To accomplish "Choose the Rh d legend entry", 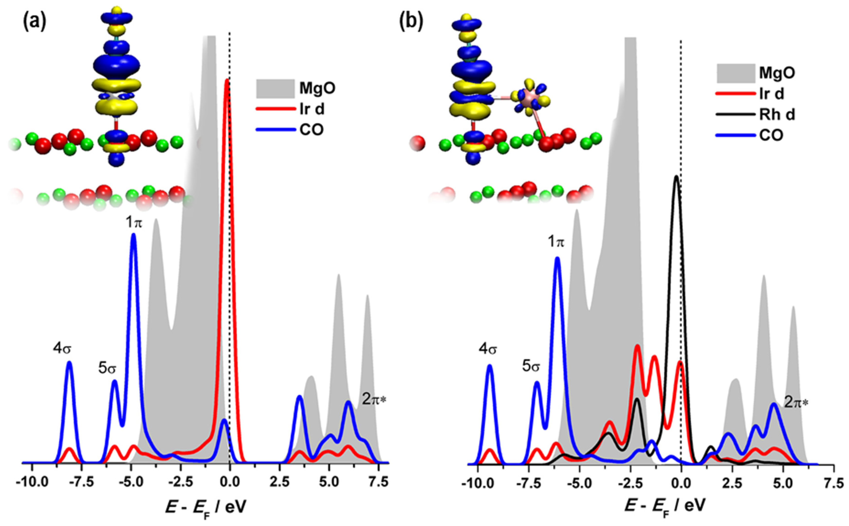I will (x=777, y=115).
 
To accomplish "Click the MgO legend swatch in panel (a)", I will (x=276, y=88).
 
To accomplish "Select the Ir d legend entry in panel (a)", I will (x=311, y=109).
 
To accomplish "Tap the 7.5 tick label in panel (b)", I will (x=833, y=483).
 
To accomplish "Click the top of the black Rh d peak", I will (x=676, y=176).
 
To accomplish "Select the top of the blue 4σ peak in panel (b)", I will (x=490, y=365).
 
